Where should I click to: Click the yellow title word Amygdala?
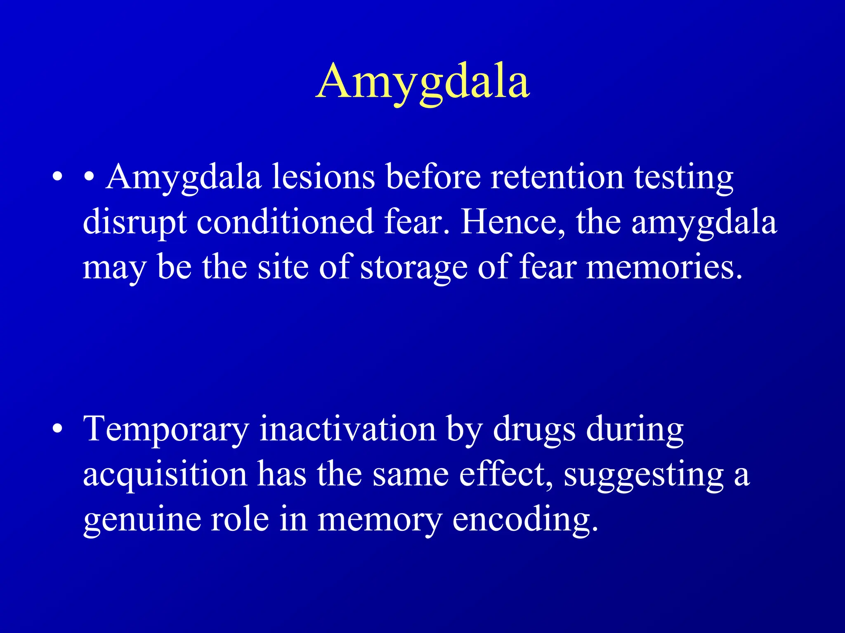coord(422,82)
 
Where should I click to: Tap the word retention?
coord(557,177)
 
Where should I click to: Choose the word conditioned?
coord(285,223)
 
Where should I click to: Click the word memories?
coord(664,268)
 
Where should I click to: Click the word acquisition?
coord(165,475)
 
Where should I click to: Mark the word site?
coord(283,268)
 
